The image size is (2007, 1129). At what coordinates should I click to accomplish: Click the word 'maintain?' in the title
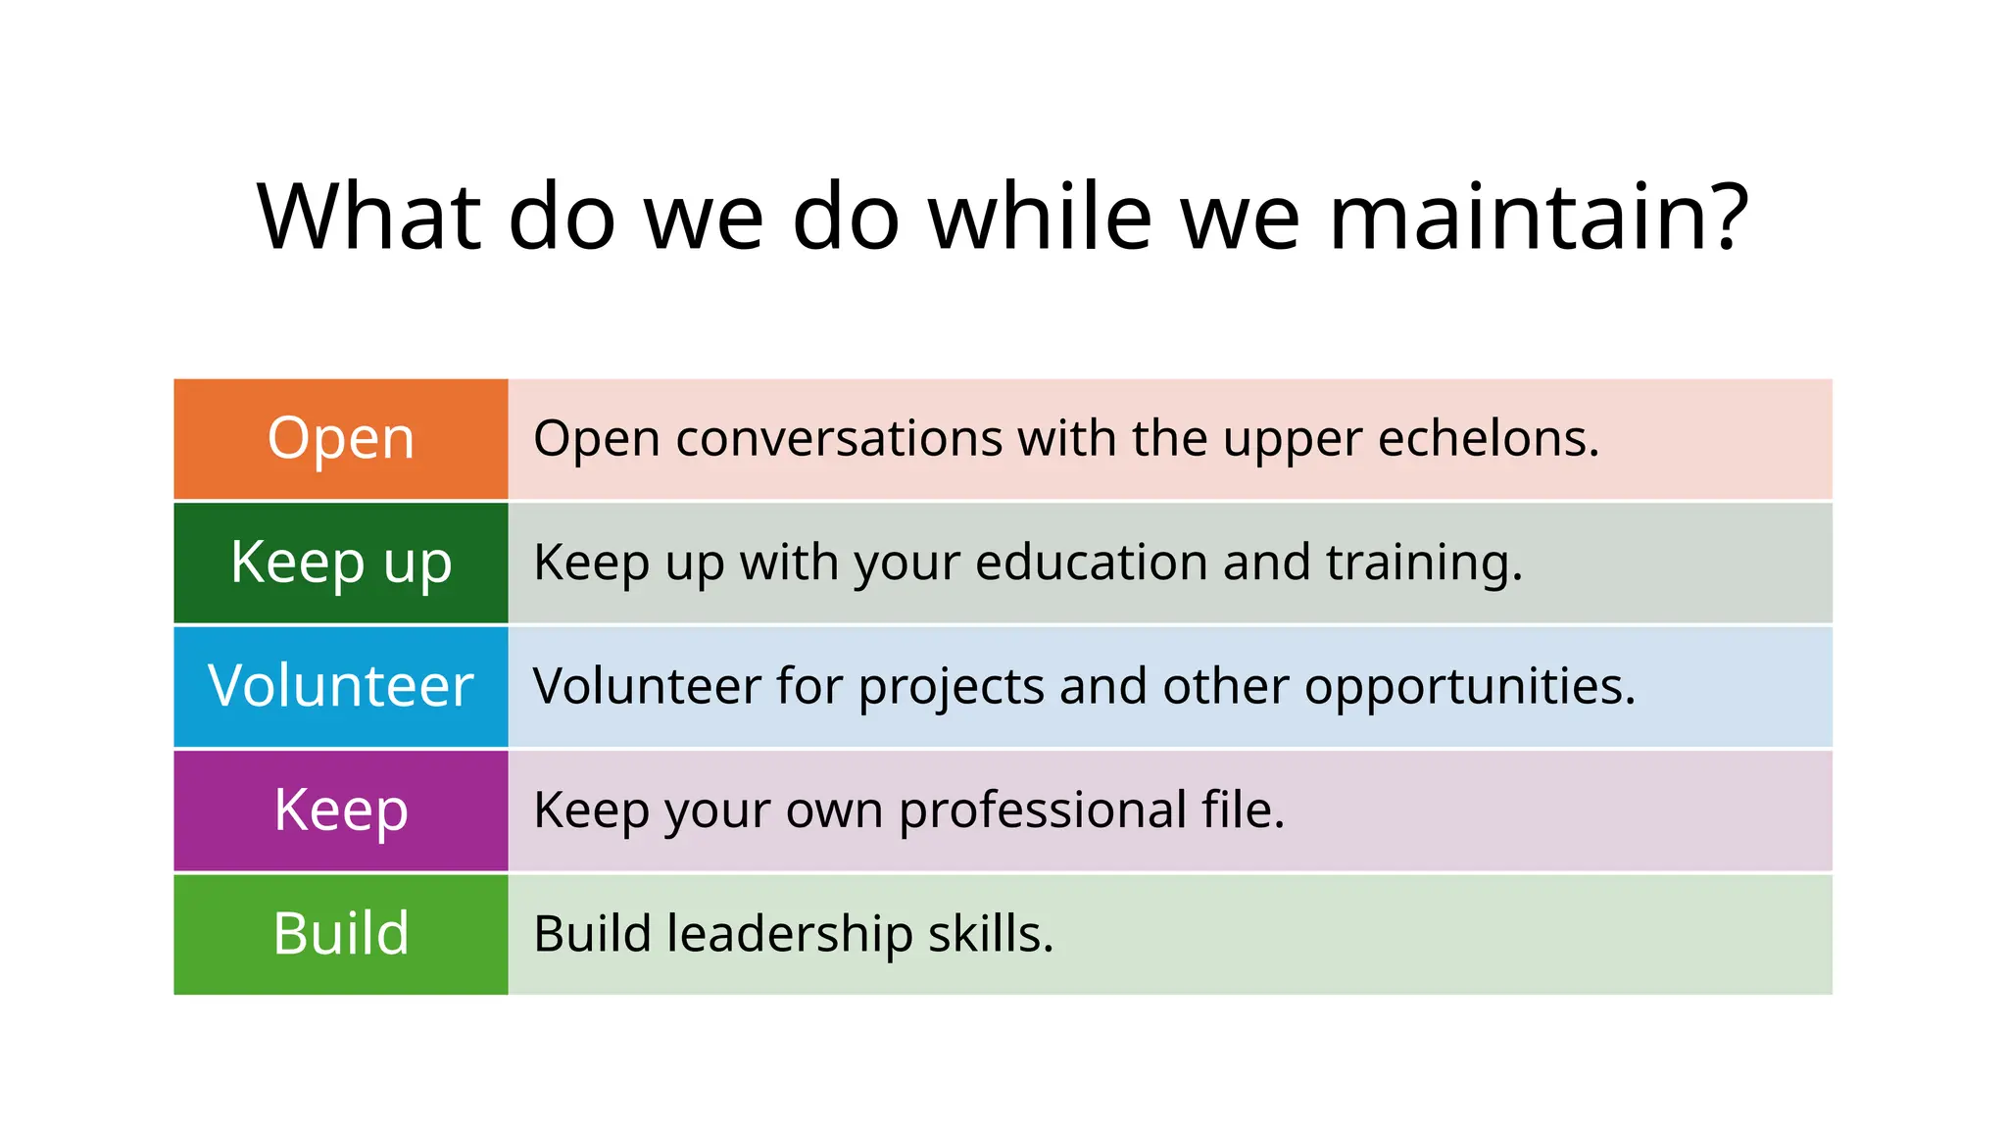pyautogui.click(x=1539, y=217)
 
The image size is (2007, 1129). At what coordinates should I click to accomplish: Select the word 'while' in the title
pyautogui.click(x=1040, y=217)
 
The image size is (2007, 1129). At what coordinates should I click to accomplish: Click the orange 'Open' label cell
pyautogui.click(x=341, y=439)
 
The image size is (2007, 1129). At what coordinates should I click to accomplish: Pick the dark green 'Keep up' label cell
pyautogui.click(x=341, y=563)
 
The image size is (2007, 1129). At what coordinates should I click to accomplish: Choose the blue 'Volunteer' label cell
pyautogui.click(x=341, y=686)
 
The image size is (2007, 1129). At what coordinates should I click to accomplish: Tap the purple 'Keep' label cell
pyautogui.click(x=341, y=810)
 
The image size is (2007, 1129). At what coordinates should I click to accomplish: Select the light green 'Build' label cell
pyautogui.click(x=341, y=934)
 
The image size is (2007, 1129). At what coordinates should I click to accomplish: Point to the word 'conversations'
pyautogui.click(x=839, y=438)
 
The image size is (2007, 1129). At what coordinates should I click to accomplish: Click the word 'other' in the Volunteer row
pyautogui.click(x=1225, y=686)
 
